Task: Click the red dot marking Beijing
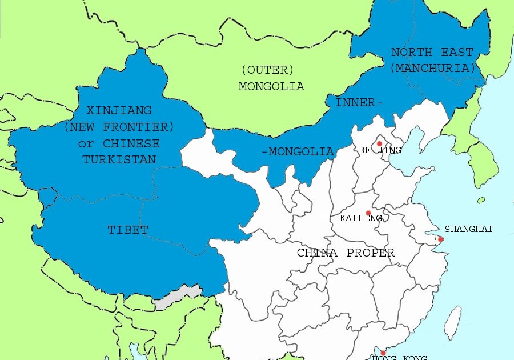coord(379,143)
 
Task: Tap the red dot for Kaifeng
coord(368,213)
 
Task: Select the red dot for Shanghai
coord(440,239)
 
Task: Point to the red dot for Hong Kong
coord(383,353)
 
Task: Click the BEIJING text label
coord(380,150)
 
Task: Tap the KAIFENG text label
coord(360,218)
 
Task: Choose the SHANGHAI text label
coord(468,229)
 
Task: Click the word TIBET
coord(128,230)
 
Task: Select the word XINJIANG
coord(119,110)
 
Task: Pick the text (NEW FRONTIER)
coord(119,126)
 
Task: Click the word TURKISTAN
coord(119,159)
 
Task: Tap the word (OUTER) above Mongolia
coord(267,70)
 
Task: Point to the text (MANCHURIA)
coord(432,67)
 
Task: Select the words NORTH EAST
coord(432,53)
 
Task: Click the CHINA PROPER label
coord(346,253)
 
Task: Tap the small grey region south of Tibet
coord(178,297)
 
